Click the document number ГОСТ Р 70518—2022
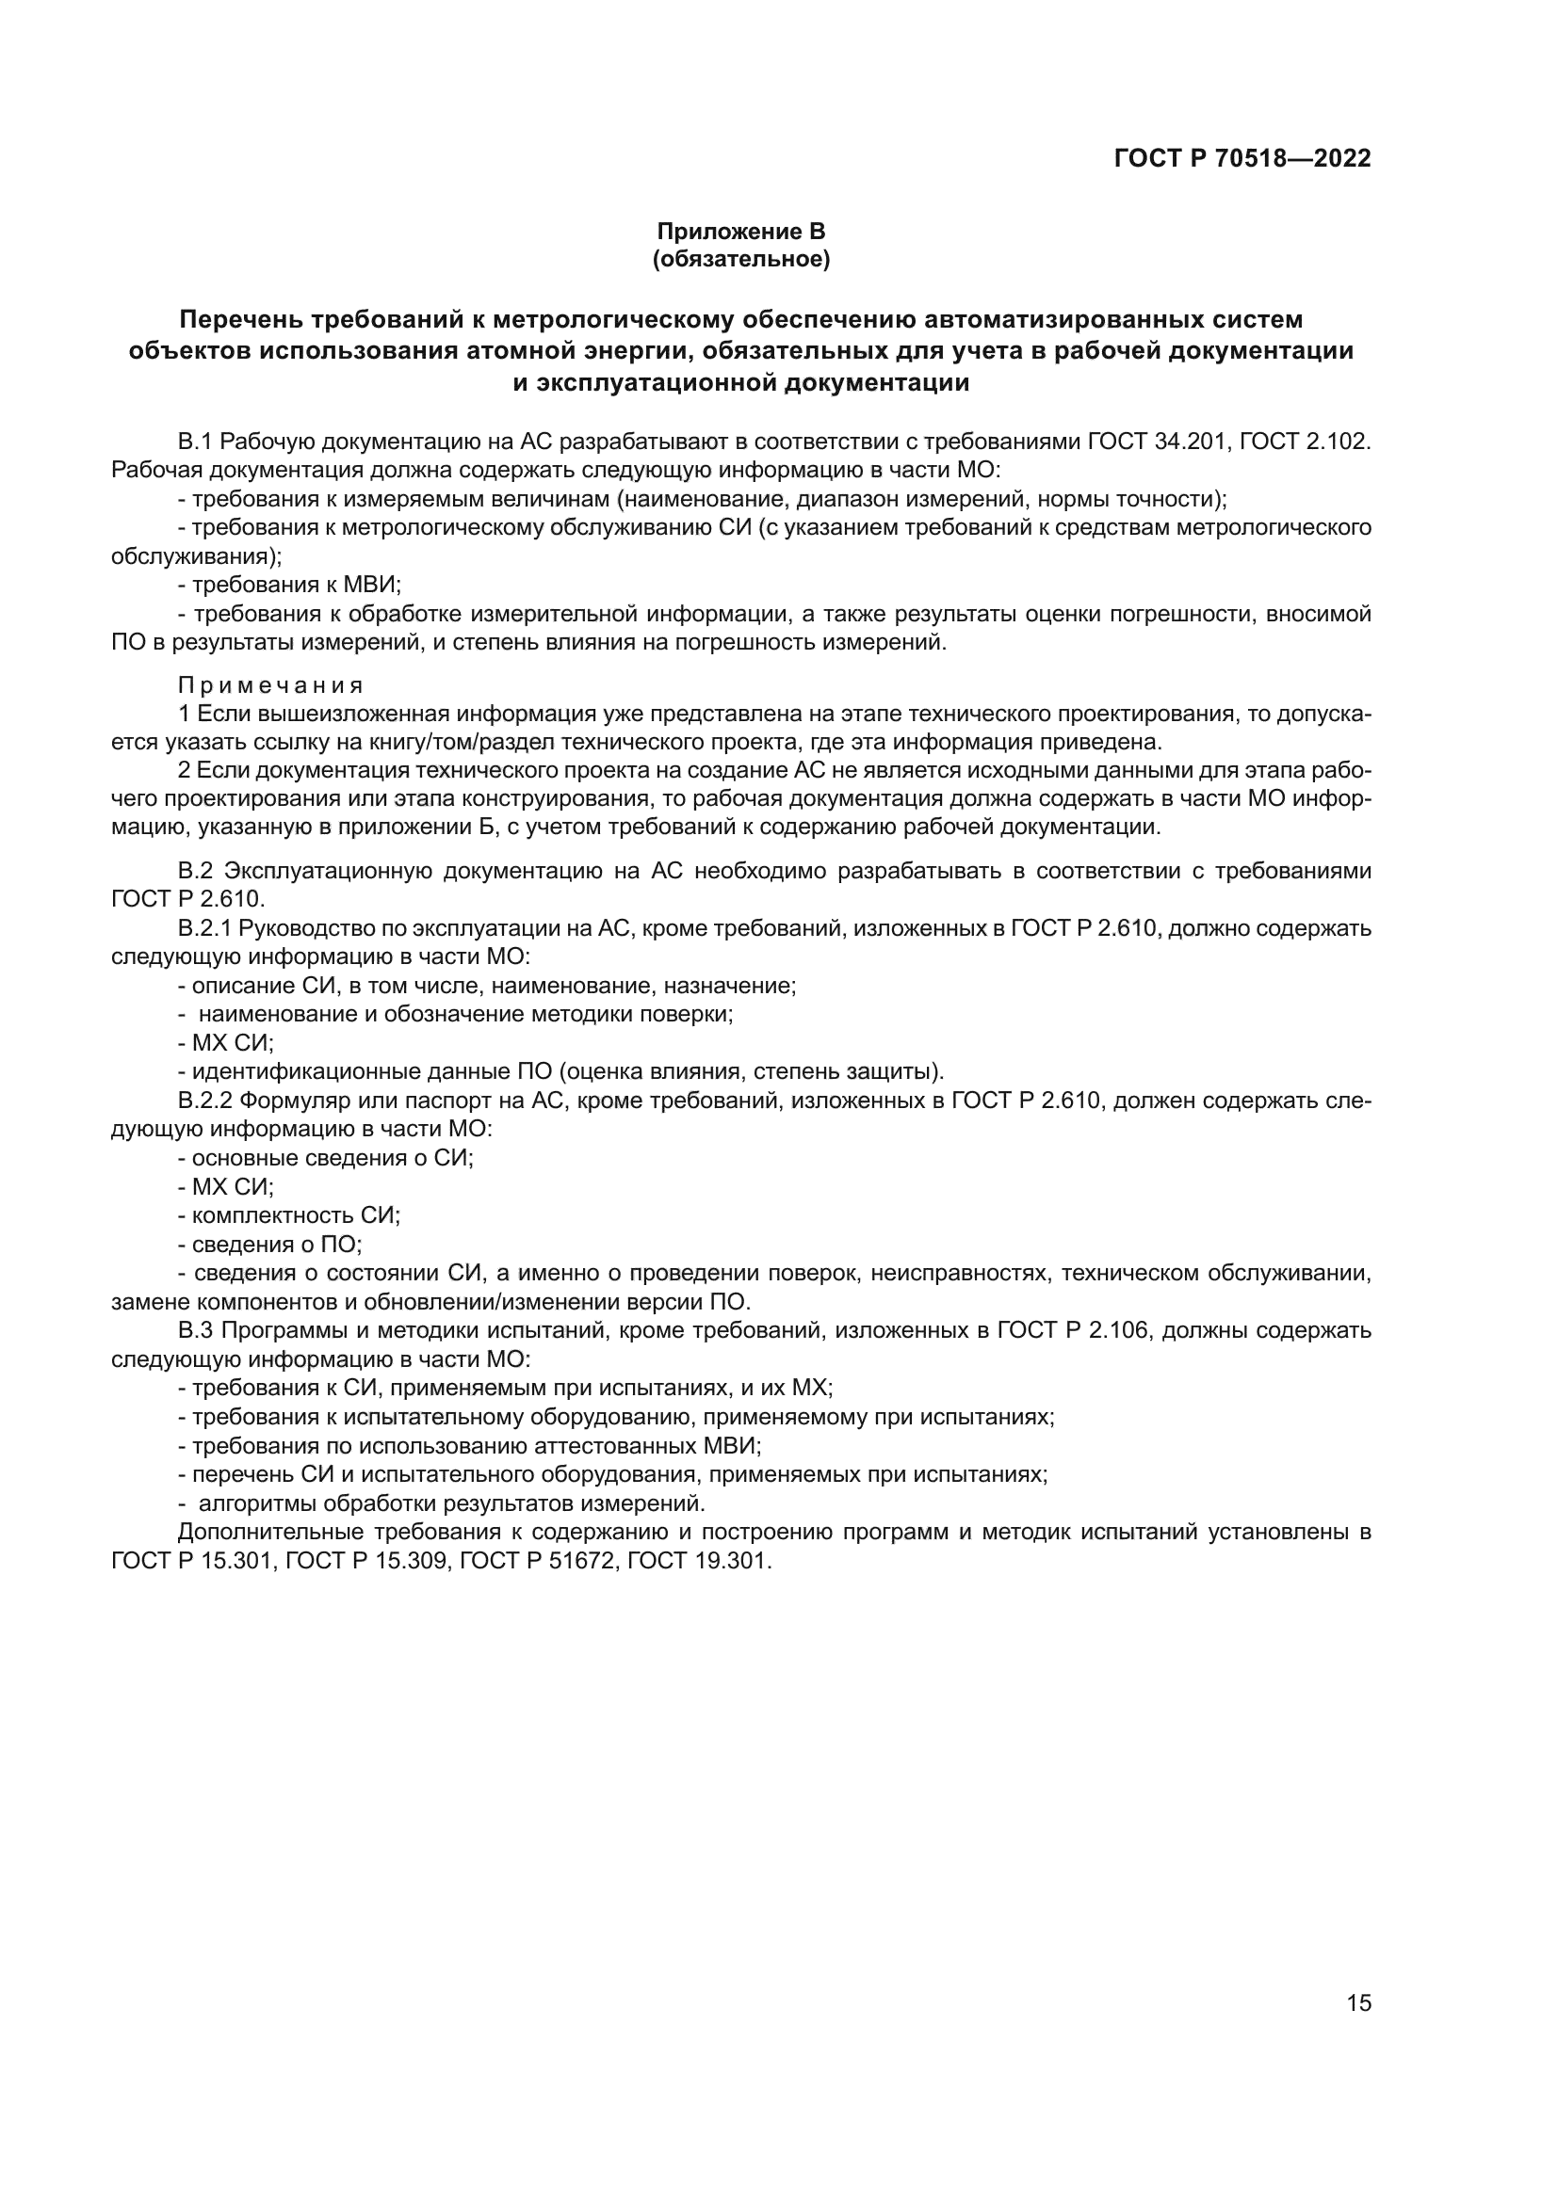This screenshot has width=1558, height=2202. pyautogui.click(x=1242, y=159)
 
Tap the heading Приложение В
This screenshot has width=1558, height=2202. pyautogui.click(x=740, y=232)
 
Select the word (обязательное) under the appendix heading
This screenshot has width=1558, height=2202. pyautogui.click(x=740, y=259)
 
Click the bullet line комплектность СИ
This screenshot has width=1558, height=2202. pyautogui.click(x=296, y=1216)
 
